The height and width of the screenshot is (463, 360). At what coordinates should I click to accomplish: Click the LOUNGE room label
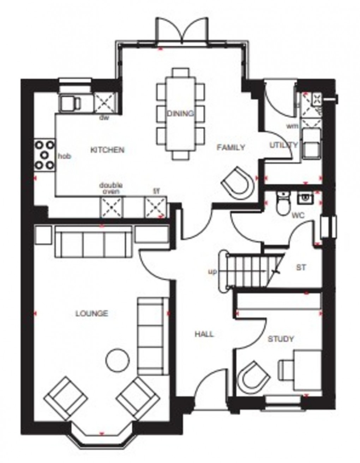click(92, 313)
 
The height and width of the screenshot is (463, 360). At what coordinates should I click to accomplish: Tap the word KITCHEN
click(107, 150)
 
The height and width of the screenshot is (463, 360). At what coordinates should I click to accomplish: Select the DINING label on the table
click(180, 113)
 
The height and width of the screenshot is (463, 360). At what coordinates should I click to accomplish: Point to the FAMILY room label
click(231, 147)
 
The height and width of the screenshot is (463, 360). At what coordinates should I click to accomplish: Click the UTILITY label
click(283, 145)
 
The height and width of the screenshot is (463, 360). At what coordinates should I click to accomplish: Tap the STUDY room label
click(281, 339)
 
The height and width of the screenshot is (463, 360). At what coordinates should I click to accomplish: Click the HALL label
click(204, 334)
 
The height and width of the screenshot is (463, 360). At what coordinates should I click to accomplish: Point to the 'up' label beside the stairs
click(212, 272)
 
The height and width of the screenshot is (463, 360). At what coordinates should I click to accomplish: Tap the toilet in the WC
click(283, 203)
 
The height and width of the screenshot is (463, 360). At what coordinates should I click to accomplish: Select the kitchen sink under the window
click(70, 103)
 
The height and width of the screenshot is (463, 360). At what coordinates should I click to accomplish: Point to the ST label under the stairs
click(301, 268)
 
